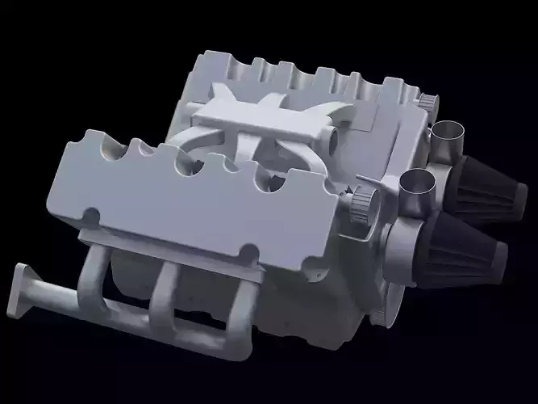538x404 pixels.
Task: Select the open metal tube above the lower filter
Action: click(x=417, y=186)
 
